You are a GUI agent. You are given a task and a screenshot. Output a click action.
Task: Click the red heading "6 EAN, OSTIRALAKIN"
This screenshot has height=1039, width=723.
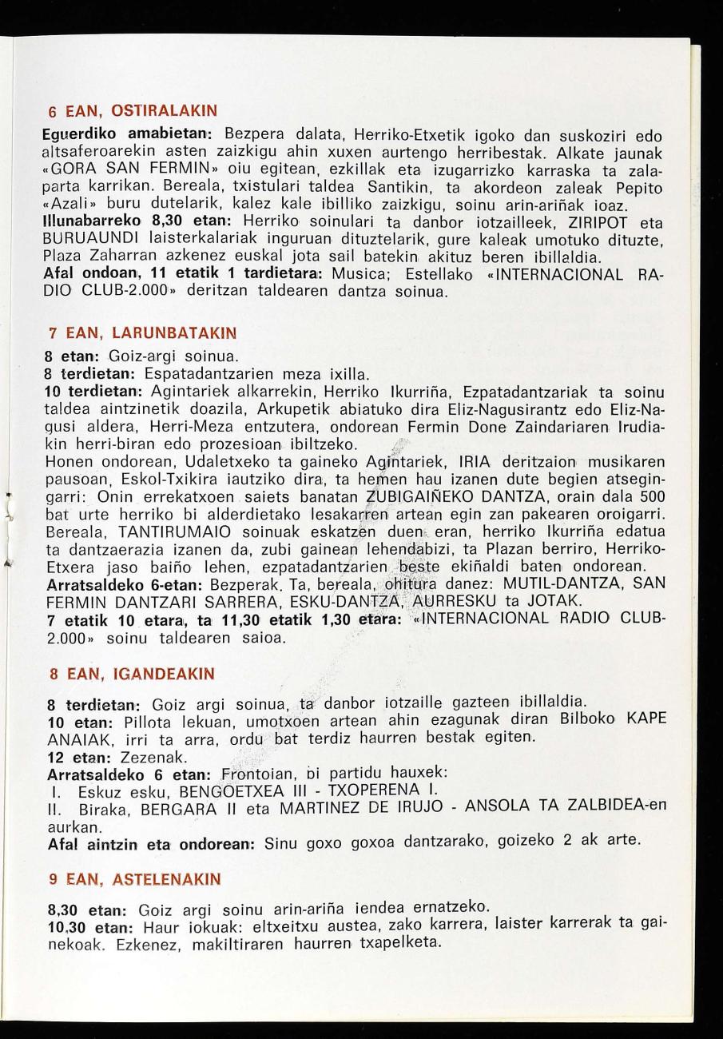click(132, 109)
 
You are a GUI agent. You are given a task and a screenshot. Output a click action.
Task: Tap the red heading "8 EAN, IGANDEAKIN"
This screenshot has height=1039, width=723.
click(132, 674)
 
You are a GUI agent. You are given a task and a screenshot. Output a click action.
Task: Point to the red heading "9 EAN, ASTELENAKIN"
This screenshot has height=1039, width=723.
click(134, 879)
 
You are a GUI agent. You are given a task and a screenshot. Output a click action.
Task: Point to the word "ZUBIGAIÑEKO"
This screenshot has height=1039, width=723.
click(420, 496)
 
